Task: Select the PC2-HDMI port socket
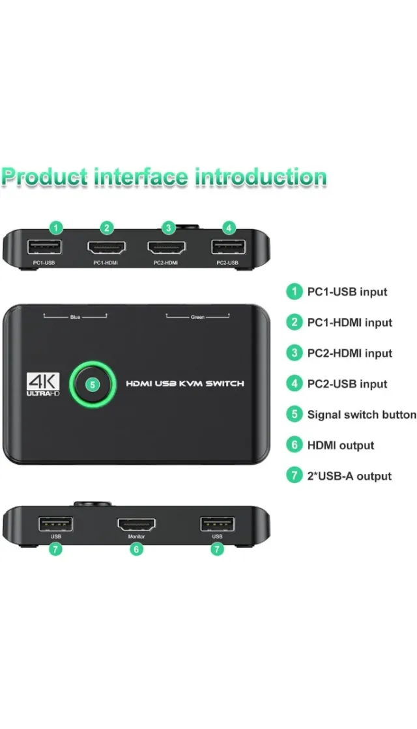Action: pos(166,248)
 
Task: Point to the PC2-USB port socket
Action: pos(227,247)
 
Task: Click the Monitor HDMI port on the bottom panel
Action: pos(136,523)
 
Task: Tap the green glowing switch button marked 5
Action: pos(93,384)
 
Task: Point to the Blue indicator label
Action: pos(75,317)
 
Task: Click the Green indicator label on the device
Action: pos(197,317)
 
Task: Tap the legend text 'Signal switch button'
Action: pos(362,415)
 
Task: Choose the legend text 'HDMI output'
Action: pos(341,445)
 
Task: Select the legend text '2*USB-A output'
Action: pos(349,476)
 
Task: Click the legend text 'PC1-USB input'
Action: pos(347,292)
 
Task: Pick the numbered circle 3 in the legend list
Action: pos(295,353)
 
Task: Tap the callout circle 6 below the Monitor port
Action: pos(136,549)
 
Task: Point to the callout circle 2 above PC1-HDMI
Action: pos(107,228)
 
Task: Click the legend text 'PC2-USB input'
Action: pos(347,384)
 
